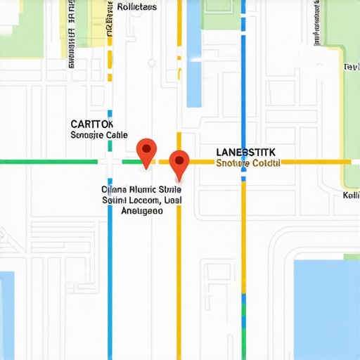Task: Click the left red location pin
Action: click(146, 150)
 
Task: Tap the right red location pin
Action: click(179, 162)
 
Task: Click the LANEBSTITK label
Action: click(245, 152)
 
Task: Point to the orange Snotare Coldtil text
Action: click(248, 163)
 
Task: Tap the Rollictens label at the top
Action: click(137, 6)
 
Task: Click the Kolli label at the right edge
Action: click(351, 195)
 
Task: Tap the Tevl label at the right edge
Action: click(351, 67)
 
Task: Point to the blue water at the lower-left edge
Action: click(6, 309)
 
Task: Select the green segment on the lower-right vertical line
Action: click(244, 306)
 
